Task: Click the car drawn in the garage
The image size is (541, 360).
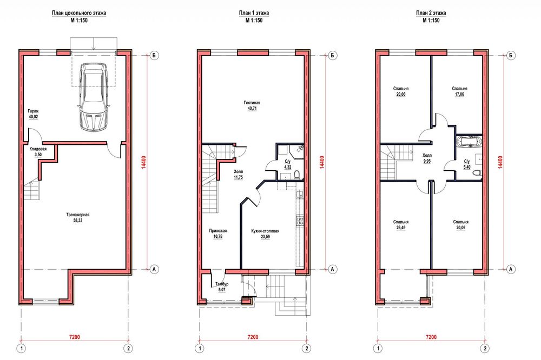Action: [93, 97]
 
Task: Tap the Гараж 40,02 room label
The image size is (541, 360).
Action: [34, 114]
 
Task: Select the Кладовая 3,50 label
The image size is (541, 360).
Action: [38, 152]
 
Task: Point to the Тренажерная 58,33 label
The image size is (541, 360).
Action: [78, 218]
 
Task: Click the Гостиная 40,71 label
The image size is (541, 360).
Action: [252, 105]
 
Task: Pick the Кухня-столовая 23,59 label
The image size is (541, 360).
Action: [265, 234]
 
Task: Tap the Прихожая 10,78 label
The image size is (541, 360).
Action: [218, 234]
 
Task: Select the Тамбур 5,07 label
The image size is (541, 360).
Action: [222, 287]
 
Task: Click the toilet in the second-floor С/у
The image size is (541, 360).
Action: [477, 173]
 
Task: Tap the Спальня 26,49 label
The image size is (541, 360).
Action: [401, 225]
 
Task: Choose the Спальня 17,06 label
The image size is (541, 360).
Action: [459, 91]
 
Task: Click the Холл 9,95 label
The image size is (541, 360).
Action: [427, 158]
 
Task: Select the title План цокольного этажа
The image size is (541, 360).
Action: [79, 13]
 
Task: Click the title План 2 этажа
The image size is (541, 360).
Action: [431, 13]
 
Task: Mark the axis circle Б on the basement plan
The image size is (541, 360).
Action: [154, 55]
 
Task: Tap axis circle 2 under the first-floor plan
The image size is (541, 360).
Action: [306, 348]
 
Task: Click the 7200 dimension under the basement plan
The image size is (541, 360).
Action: [75, 337]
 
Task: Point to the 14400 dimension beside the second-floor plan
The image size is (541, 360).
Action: [500, 162]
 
